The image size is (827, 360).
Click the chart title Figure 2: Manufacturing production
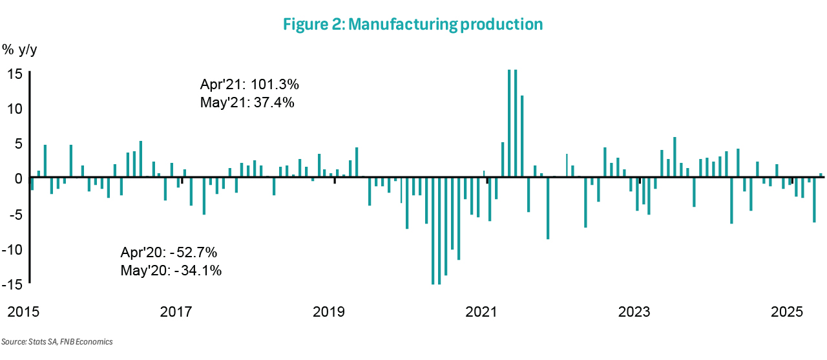413,25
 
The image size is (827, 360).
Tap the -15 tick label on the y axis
14,284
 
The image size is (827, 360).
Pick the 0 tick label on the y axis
19,178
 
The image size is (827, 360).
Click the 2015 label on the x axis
23,312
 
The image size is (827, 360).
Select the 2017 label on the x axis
176,312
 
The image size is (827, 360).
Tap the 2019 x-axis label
329,312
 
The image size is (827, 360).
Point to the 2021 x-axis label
481,312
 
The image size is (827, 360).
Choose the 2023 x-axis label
634,312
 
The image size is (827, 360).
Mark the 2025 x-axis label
787,312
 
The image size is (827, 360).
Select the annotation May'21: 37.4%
248,102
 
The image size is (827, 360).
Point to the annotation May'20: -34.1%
171,271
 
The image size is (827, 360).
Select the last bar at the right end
821,175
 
